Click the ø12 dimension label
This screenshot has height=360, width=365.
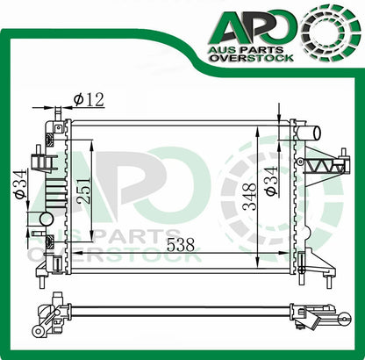(x=89, y=99)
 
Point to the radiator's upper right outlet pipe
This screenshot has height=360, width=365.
(x=308, y=133)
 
